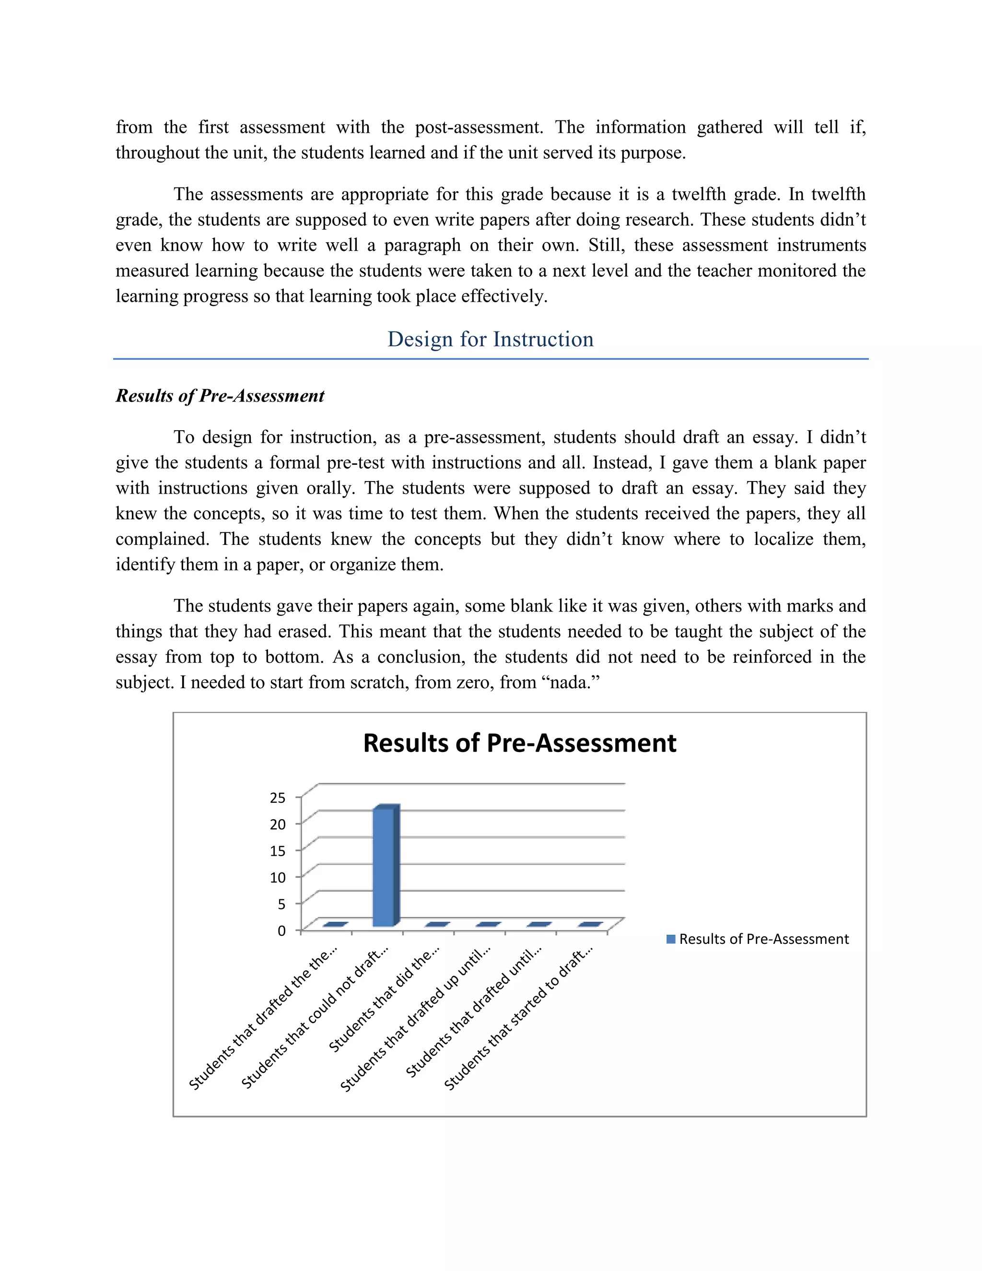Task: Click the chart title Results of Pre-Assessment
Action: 519,743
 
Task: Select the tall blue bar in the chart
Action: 384,867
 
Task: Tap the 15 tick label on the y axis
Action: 278,851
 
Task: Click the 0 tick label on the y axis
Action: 281,931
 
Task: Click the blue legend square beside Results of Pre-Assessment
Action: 671,939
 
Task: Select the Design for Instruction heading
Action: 491,339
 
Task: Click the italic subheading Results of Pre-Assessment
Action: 220,396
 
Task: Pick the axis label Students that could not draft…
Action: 314,1018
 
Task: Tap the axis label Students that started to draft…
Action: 518,1018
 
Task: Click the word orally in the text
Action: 330,488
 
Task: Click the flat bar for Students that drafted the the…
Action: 335,924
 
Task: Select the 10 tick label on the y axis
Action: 278,878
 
